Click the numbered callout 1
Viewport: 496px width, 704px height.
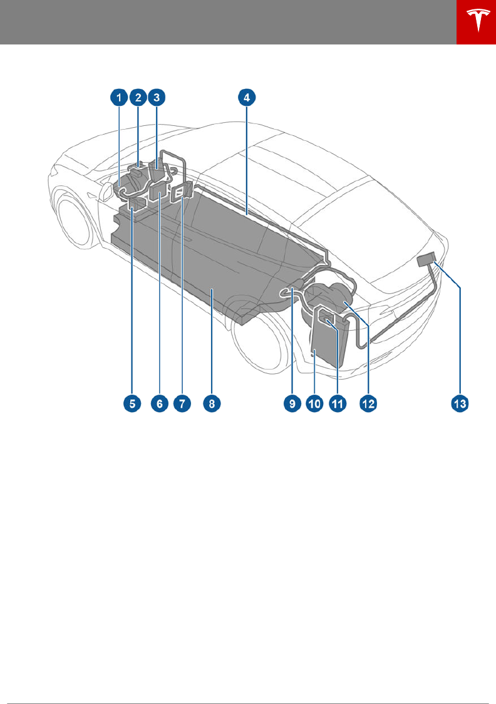tap(116, 97)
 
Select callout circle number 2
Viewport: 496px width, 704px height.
tap(137, 97)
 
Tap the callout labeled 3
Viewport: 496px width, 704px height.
tap(157, 97)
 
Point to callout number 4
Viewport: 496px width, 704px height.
tap(247, 97)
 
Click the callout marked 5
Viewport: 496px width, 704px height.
tap(132, 404)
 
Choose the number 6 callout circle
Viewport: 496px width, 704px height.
tap(159, 404)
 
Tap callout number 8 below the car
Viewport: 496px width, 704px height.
tap(212, 404)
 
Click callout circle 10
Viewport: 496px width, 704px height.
tap(314, 404)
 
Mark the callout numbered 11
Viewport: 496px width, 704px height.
tap(338, 404)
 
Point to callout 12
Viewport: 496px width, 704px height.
tap(368, 404)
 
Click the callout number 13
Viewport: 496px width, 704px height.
tap(460, 404)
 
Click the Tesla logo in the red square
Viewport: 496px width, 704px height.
tap(476, 23)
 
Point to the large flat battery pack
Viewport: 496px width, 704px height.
tap(207, 263)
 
